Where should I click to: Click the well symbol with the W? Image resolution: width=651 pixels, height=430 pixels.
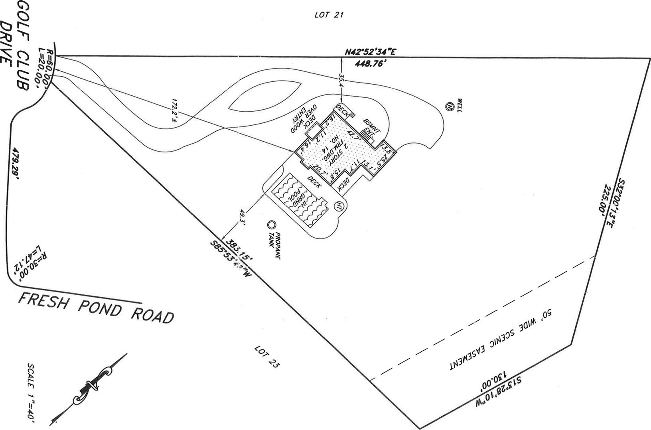point(450,107)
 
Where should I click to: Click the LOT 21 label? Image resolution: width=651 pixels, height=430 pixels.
point(329,15)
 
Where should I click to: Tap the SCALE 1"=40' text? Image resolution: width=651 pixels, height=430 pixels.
point(32,393)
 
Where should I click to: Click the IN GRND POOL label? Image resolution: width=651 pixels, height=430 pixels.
point(300,199)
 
